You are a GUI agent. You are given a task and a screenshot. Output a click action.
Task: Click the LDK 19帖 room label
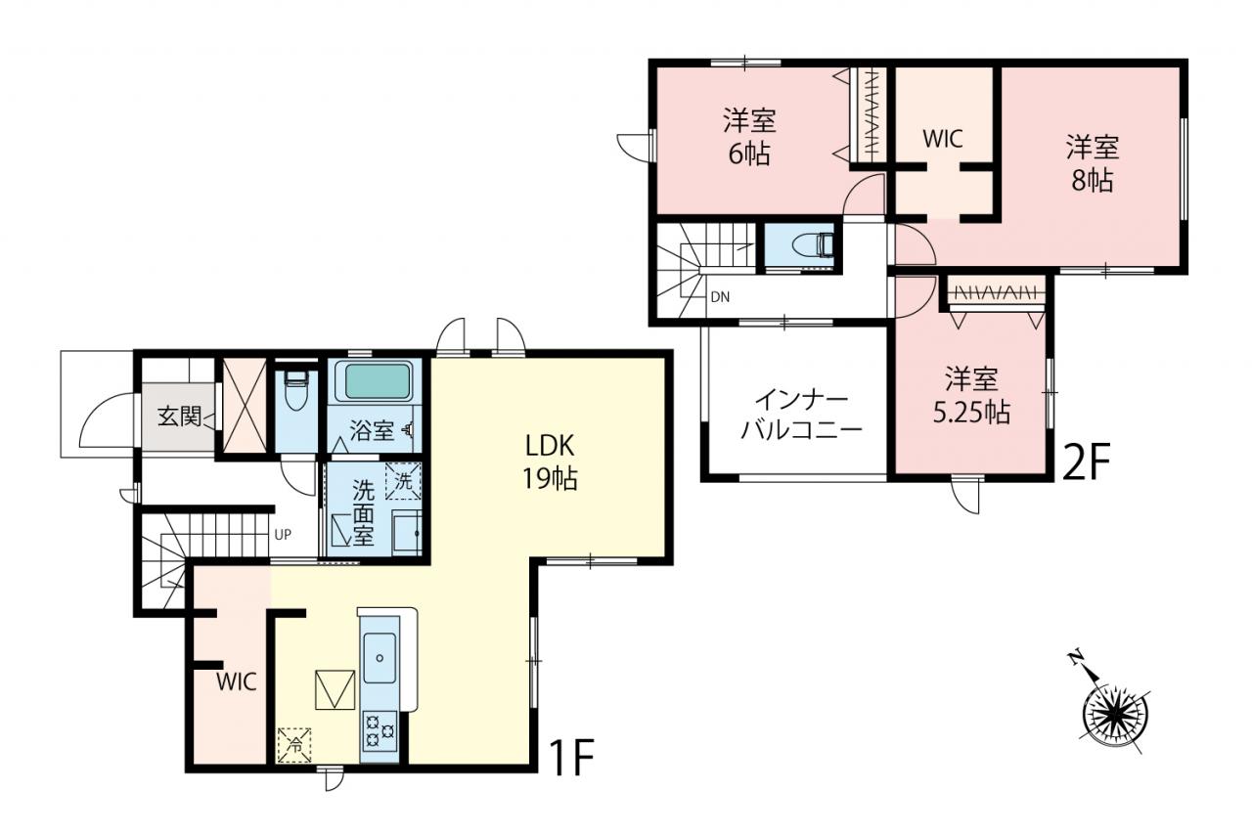click(550, 462)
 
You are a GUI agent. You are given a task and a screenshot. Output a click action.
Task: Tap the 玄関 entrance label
click(179, 417)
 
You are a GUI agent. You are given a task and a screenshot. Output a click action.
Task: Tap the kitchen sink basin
click(380, 657)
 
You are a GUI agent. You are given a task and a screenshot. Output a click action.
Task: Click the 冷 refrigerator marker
click(294, 745)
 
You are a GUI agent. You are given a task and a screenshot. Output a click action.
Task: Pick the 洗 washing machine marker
click(404, 481)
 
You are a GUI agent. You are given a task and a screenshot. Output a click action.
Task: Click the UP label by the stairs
click(283, 535)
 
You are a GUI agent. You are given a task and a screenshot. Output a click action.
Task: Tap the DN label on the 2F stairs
click(721, 297)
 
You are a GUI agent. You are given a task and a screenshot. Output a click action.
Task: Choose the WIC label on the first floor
click(237, 681)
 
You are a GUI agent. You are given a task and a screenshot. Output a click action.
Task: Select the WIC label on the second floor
click(943, 139)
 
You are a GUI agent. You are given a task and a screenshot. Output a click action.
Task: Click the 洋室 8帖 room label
click(1093, 163)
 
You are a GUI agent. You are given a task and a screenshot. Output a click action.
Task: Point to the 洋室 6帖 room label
click(749, 138)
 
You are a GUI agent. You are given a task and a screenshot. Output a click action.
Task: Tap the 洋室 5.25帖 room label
click(971, 396)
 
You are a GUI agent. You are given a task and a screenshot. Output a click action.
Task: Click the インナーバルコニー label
click(802, 416)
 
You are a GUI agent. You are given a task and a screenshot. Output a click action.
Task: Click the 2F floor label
click(1086, 461)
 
